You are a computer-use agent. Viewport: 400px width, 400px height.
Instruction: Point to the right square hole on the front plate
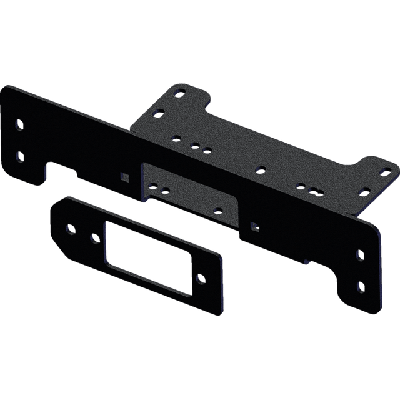(254, 223)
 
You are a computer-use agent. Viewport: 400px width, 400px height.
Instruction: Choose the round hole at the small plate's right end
(200, 277)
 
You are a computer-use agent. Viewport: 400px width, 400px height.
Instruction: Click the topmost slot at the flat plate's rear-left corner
(181, 92)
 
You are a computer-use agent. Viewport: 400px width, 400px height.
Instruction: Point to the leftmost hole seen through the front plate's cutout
(152, 185)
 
